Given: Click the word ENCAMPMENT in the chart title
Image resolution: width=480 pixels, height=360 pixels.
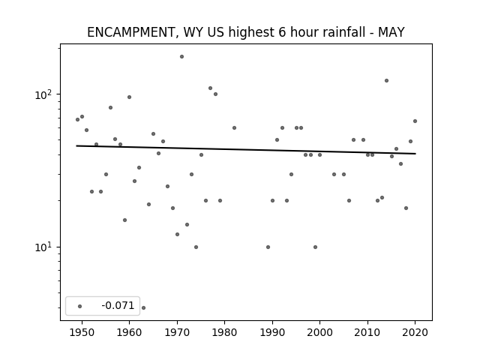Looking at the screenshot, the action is [131, 32].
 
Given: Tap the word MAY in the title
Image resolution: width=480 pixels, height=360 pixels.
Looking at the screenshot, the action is [391, 32].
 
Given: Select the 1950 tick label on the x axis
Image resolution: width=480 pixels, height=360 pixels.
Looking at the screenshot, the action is [82, 332].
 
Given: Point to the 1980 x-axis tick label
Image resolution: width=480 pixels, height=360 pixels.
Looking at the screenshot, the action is [224, 332].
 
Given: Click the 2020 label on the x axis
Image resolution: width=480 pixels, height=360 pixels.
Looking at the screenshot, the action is [415, 332].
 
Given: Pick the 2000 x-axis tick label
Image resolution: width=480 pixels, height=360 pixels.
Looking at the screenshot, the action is [319, 332].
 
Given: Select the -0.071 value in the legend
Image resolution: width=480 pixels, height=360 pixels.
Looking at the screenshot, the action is [118, 305].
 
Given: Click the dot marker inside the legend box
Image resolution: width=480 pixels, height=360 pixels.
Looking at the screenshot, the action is [79, 306].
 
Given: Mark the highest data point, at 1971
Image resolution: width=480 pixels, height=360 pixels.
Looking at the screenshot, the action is [181, 57].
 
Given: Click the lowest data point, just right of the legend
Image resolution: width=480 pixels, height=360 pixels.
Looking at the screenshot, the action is [143, 307].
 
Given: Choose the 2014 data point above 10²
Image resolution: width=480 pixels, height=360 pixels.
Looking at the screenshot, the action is [387, 80].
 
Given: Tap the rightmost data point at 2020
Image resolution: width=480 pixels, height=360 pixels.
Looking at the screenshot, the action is [415, 121].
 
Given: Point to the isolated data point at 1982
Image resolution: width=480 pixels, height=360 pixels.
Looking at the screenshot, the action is [234, 127].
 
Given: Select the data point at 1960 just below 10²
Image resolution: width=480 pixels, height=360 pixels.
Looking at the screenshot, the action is [129, 97].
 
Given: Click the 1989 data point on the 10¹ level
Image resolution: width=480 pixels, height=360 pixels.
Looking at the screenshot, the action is [268, 247].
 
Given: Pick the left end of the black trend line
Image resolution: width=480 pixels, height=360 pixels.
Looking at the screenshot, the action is [76, 145].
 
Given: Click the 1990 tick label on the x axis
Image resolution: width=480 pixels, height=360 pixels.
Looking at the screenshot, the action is [272, 332].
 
